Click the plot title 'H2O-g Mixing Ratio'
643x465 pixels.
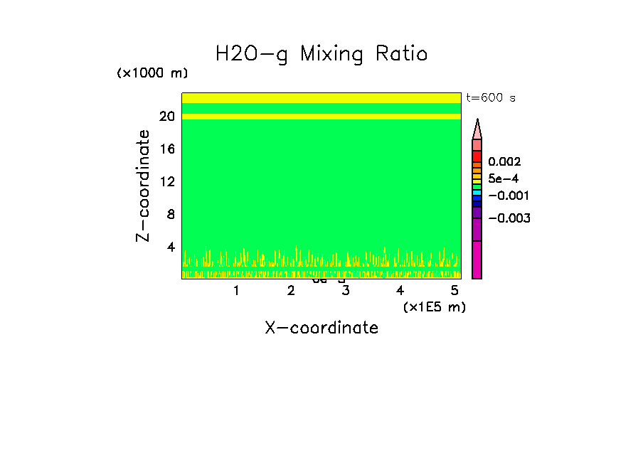[321, 54]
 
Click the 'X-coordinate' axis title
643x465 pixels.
[321, 328]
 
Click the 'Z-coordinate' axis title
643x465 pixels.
[144, 186]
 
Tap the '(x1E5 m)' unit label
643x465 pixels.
[434, 306]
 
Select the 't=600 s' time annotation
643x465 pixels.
[490, 98]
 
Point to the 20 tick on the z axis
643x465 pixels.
[167, 117]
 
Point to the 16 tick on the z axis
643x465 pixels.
[167, 149]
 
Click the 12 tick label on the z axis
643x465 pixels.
[167, 181]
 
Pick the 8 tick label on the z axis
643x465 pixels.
[171, 214]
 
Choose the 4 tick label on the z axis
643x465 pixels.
[171, 247]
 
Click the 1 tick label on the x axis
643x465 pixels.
[236, 290]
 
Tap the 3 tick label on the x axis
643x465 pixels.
[345, 290]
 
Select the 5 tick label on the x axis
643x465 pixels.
[455, 290]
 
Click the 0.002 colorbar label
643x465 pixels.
[504, 162]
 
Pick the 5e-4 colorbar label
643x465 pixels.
[504, 178]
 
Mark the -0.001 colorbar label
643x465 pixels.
[509, 196]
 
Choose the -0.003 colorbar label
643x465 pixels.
[509, 218]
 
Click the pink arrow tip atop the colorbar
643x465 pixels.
[477, 128]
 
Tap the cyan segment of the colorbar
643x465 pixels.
[477, 193]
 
